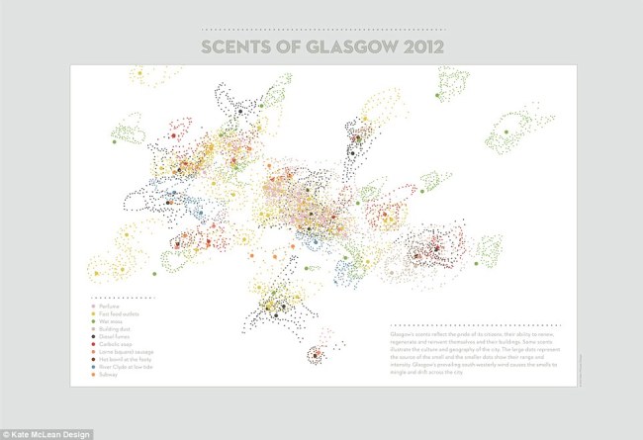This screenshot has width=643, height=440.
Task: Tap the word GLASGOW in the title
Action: [348, 46]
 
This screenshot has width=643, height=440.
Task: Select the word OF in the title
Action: [288, 46]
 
